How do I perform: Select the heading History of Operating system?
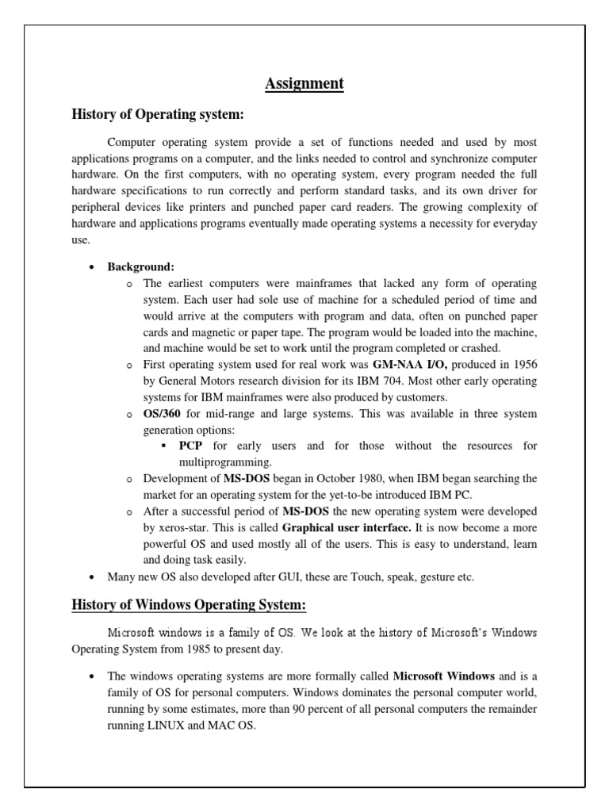[x=157, y=115]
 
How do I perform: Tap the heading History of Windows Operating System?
[x=189, y=605]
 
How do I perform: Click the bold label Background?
[x=140, y=267]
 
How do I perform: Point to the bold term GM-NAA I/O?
[x=411, y=364]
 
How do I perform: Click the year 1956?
[x=522, y=364]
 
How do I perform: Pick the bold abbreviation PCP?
[x=191, y=446]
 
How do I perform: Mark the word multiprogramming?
[x=224, y=462]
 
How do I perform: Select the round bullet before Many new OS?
[x=93, y=576]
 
